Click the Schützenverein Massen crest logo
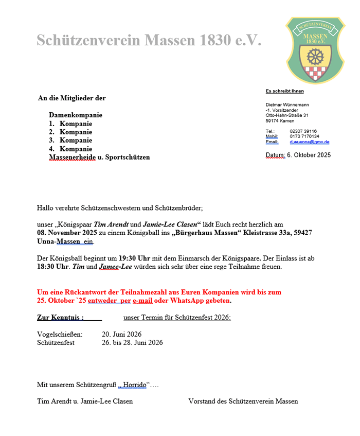point(316,50)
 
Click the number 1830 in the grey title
point(212,41)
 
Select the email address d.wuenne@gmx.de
point(309,142)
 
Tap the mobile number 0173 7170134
point(304,136)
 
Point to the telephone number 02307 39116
point(303,131)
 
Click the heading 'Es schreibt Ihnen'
point(284,91)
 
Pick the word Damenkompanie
point(76,115)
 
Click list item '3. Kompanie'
point(70,140)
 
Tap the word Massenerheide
point(73,157)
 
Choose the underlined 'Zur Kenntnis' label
point(60,318)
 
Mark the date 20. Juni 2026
point(121,334)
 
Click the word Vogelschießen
point(60,334)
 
